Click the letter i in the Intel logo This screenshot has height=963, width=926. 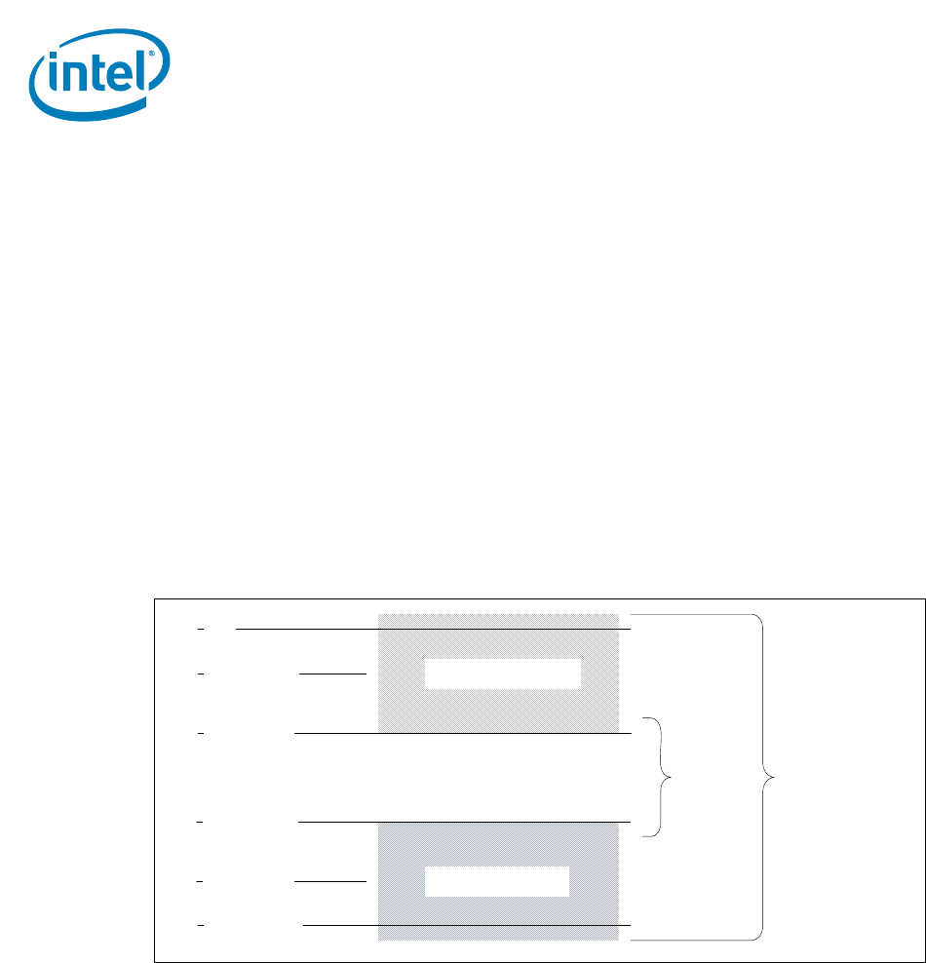58,79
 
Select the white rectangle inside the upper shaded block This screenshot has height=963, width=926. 502,674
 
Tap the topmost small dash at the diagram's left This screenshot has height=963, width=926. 200,630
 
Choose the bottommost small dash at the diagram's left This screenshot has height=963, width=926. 200,924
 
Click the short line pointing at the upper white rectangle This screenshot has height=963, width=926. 332,673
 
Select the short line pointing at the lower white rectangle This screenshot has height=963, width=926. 329,881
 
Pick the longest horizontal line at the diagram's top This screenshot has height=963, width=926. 434,630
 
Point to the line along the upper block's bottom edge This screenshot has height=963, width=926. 463,732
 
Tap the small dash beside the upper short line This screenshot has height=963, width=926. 200,673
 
